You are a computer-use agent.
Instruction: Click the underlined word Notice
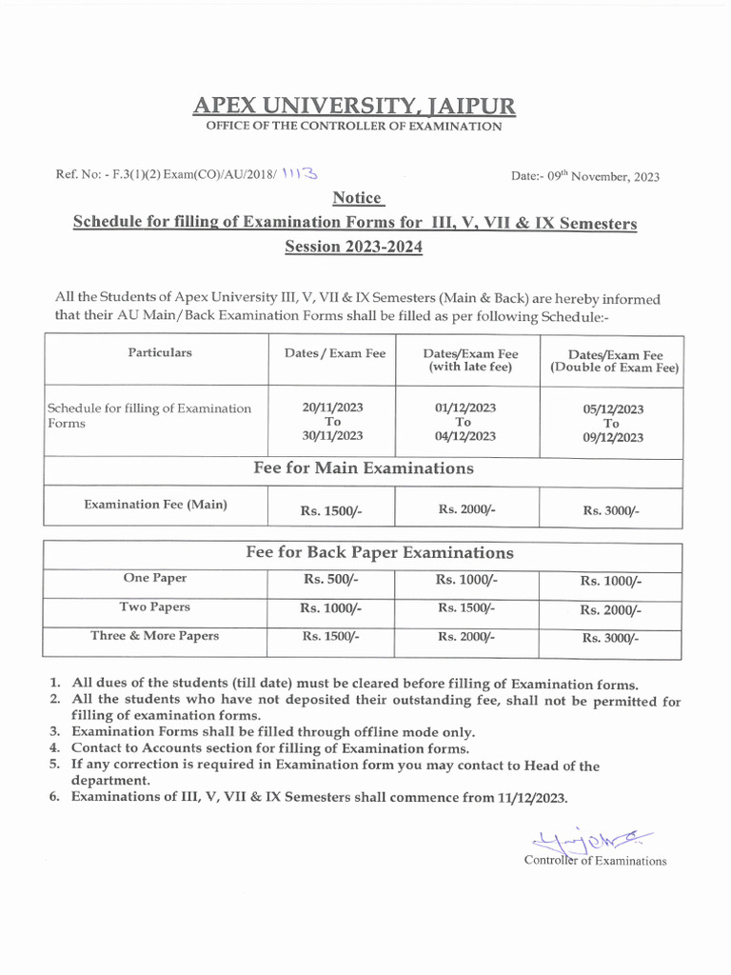pos(357,198)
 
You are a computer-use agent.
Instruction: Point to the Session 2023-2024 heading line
pos(353,248)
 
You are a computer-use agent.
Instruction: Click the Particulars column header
pos(160,352)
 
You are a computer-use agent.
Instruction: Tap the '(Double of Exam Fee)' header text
pos(614,368)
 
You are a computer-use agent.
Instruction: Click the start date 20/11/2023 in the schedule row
pos(333,407)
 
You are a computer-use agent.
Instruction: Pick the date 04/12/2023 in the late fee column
pos(464,436)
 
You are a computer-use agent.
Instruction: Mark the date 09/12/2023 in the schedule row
pos(612,438)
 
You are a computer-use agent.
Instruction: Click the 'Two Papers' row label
pos(154,607)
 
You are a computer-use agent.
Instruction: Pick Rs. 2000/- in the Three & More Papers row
pos(464,637)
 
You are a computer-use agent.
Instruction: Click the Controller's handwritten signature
pos(587,841)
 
